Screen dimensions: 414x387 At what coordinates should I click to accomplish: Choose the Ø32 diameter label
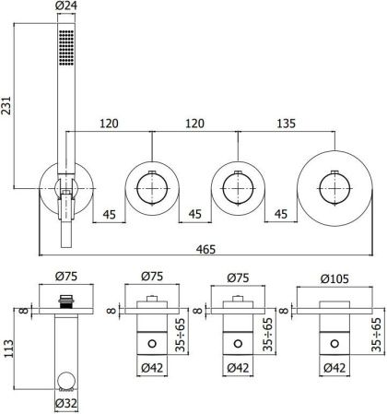click(64, 403)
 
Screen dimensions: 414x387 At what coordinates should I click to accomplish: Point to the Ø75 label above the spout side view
click(64, 275)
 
